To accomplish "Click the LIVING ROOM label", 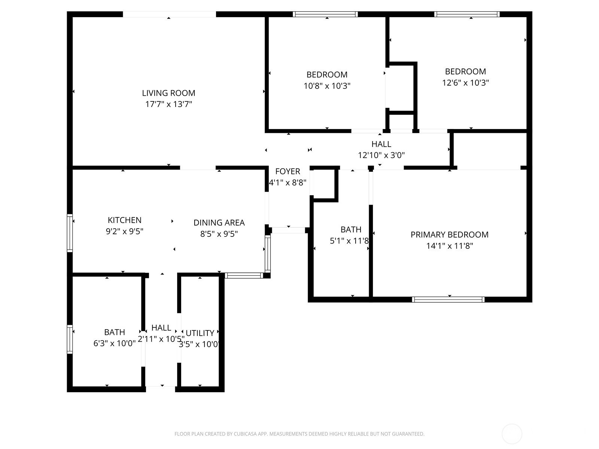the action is [168, 93].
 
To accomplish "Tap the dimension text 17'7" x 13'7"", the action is [168, 104].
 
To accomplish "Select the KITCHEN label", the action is [124, 220].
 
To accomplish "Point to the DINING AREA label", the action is [219, 223].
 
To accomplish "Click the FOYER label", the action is [288, 171].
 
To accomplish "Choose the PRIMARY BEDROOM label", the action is [450, 235].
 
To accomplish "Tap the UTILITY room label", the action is [200, 333].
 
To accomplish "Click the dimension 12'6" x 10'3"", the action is [465, 83].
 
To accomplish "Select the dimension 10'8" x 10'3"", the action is [327, 86].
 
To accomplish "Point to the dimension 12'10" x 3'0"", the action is [381, 155].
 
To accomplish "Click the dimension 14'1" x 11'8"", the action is [450, 246].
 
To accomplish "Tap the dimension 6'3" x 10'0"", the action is [114, 343].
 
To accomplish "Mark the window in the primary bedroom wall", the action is [448, 300].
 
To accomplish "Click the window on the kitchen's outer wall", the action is [70, 233].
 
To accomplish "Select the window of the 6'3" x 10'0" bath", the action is [70, 339].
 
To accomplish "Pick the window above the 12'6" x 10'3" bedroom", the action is [467, 14].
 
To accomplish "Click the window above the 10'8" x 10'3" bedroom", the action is [325, 14].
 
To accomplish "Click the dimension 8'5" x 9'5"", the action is [219, 234].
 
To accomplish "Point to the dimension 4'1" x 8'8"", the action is [288, 182].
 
